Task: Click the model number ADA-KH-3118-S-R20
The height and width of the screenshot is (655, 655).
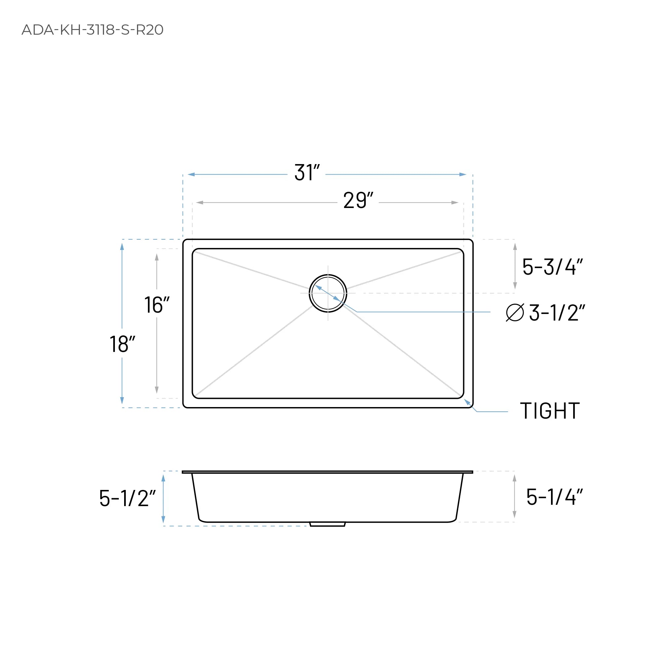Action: (x=92, y=30)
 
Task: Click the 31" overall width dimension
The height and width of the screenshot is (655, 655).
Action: (x=307, y=173)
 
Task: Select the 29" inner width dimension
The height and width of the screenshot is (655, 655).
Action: (x=358, y=200)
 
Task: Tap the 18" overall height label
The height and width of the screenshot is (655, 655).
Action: (x=122, y=344)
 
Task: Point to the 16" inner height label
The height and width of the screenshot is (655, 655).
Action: (x=156, y=305)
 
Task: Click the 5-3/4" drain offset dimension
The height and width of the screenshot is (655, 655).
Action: (x=552, y=267)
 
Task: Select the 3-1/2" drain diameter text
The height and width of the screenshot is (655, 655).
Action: (x=557, y=313)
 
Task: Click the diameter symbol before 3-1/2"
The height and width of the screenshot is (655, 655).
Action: (x=515, y=313)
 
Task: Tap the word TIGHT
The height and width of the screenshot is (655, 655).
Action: (x=550, y=411)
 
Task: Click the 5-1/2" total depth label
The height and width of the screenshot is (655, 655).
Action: (x=127, y=499)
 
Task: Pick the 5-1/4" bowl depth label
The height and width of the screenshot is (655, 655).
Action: (x=554, y=497)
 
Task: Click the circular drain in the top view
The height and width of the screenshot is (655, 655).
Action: (x=328, y=293)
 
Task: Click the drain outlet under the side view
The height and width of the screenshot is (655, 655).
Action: (x=327, y=524)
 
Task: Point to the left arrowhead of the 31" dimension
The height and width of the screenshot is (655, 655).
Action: (x=191, y=175)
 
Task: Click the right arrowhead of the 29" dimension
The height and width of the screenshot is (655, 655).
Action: (x=455, y=203)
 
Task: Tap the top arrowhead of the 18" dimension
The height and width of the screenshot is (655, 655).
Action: (x=122, y=247)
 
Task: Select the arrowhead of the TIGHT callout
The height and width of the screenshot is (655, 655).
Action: (x=467, y=402)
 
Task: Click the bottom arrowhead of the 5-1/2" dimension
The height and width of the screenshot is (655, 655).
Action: (x=163, y=519)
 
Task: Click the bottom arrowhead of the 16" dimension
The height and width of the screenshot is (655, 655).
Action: (x=156, y=390)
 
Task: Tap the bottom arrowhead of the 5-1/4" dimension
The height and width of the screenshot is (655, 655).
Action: (x=514, y=514)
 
